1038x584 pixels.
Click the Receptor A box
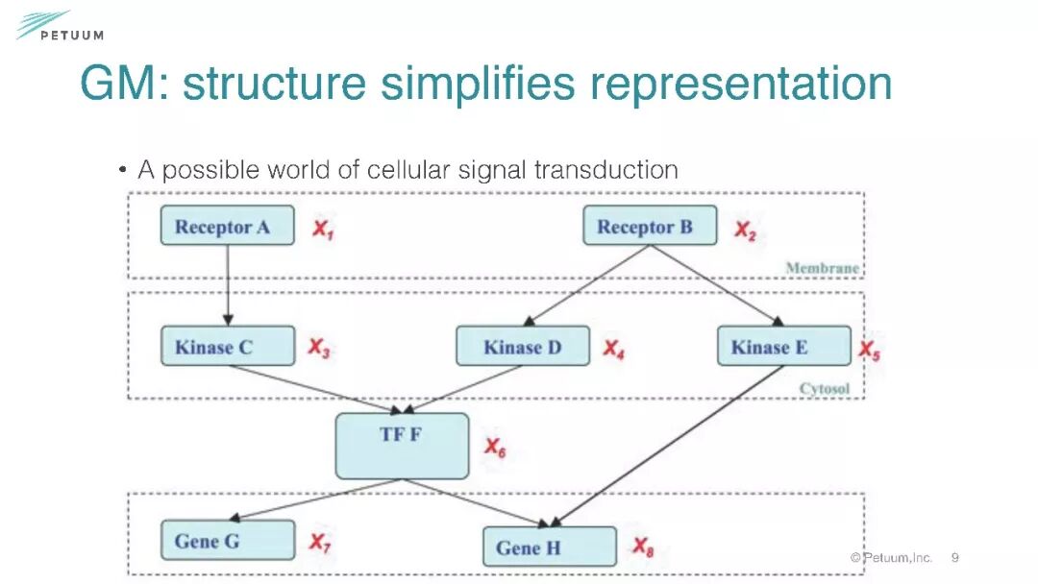click(227, 226)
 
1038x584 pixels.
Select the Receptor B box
click(650, 226)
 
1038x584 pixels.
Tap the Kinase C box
click(227, 346)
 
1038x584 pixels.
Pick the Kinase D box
click(522, 346)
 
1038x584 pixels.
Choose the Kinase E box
click(783, 346)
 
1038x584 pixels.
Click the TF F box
click(402, 446)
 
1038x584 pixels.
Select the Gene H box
click(549, 547)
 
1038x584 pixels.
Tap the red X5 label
click(869, 351)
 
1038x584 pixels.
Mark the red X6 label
click(494, 448)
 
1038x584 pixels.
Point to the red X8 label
click(643, 547)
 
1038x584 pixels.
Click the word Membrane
click(822, 268)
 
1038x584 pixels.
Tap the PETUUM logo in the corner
click(58, 26)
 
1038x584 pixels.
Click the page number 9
click(955, 557)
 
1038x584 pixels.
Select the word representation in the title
click(741, 84)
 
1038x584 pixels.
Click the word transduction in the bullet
click(605, 170)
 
